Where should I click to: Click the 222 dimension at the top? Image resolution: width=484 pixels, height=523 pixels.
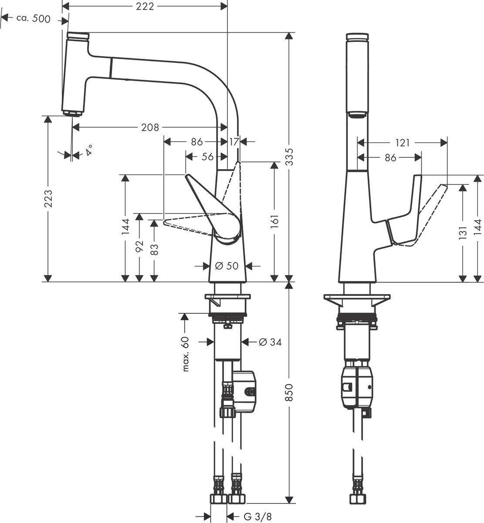click(145, 6)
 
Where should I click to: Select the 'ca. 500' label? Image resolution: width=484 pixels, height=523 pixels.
click(33, 18)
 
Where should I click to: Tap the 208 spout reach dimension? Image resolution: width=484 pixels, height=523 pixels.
click(150, 127)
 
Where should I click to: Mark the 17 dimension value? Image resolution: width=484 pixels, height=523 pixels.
click(234, 142)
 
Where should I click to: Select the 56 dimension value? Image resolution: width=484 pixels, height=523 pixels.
click(207, 156)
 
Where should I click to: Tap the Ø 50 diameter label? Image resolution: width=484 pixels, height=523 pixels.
click(227, 265)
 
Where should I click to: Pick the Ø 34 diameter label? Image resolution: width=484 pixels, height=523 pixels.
click(270, 343)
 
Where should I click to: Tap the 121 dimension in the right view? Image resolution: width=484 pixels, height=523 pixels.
click(403, 143)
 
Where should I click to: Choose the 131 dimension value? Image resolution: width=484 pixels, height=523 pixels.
click(463, 233)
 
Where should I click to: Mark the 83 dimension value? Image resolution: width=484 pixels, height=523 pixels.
click(154, 249)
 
